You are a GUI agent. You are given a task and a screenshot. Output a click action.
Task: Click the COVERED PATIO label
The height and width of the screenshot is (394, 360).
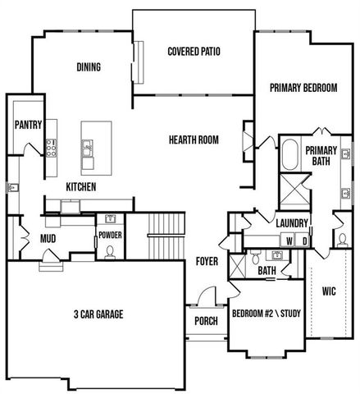click(194, 51)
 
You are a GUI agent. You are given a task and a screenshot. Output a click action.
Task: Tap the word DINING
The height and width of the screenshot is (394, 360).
click(89, 67)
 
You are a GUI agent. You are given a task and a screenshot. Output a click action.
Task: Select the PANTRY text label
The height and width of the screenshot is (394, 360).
click(27, 126)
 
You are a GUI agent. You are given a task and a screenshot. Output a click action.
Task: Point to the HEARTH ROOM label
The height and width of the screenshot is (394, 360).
click(194, 140)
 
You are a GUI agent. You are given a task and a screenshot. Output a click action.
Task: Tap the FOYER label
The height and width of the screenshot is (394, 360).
click(207, 263)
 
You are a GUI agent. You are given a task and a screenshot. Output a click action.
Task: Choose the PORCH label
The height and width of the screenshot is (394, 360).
click(206, 321)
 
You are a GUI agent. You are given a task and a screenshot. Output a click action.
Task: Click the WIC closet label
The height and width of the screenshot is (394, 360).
click(329, 291)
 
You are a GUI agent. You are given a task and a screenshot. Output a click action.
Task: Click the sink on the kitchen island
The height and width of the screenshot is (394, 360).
click(87, 149)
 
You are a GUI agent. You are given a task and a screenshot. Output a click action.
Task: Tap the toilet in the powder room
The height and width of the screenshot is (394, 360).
click(109, 250)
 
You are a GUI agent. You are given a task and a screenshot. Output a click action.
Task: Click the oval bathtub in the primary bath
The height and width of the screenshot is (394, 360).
click(289, 154)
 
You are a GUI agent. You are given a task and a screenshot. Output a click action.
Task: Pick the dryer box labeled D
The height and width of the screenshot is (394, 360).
click(304, 241)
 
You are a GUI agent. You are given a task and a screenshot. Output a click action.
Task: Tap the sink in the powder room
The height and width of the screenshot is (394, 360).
click(109, 219)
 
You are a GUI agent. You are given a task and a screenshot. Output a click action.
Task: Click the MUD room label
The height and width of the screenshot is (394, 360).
click(48, 239)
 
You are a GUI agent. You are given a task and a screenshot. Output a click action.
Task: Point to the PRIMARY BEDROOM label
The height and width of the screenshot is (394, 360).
click(303, 89)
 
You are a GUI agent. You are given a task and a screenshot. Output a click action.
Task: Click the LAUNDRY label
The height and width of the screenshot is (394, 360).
click(291, 223)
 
